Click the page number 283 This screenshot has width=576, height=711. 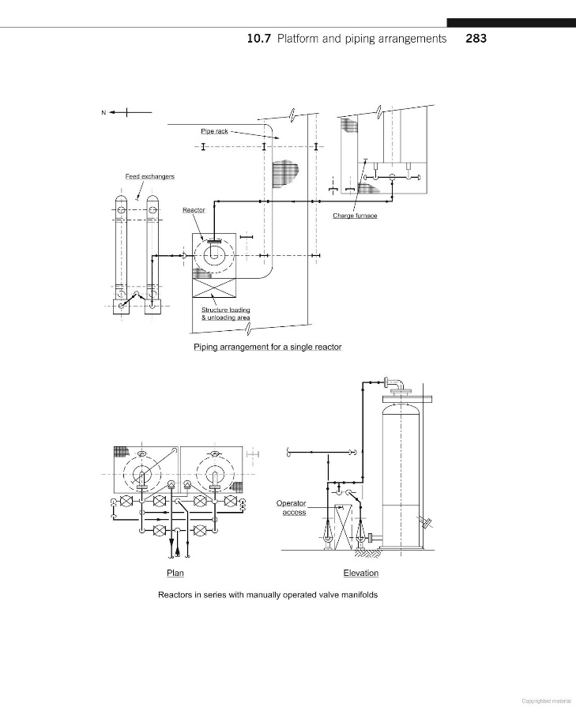pyautogui.click(x=476, y=39)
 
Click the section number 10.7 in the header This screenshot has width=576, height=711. pyautogui.click(x=258, y=39)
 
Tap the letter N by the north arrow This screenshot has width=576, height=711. pyautogui.click(x=104, y=112)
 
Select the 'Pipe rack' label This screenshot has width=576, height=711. pyautogui.click(x=215, y=131)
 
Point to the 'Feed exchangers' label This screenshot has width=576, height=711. pyautogui.click(x=149, y=176)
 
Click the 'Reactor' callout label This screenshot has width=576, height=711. pyautogui.click(x=194, y=210)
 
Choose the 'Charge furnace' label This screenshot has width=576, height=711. pyautogui.click(x=355, y=216)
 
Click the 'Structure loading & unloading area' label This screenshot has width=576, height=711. pyautogui.click(x=226, y=314)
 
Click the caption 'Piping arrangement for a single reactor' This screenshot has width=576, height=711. pyautogui.click(x=268, y=347)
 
